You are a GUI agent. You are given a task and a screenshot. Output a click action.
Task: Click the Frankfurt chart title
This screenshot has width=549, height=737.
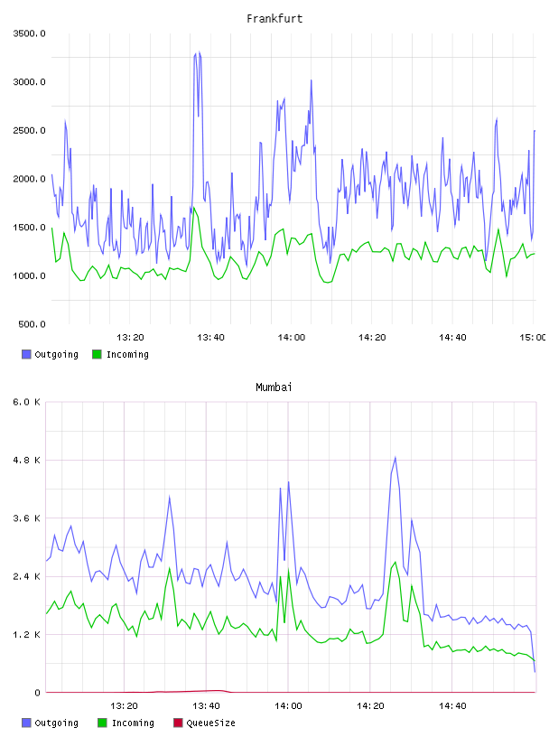coord(274,19)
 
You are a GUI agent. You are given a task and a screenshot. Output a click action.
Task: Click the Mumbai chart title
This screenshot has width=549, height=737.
coord(274,387)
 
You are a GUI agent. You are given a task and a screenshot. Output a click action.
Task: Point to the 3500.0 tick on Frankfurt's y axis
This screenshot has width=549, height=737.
coord(29,33)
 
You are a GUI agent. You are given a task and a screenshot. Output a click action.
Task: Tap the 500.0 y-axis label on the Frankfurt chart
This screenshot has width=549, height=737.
coord(32,324)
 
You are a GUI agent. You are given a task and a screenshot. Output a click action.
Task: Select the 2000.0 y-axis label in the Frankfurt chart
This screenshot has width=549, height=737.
coord(29,179)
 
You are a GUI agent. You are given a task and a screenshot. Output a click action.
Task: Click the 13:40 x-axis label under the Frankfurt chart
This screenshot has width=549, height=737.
coord(210,337)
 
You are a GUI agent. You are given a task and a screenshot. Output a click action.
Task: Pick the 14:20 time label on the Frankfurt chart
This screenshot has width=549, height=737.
coord(372,337)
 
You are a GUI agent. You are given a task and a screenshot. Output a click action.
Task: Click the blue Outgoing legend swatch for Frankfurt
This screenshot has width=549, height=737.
coord(26,354)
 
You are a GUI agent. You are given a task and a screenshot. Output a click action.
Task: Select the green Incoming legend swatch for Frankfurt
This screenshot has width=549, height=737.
coord(97,354)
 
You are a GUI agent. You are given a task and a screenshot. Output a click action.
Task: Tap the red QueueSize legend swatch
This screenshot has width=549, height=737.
coord(178,723)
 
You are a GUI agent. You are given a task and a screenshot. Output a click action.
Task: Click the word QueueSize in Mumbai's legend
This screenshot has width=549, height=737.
coord(210,723)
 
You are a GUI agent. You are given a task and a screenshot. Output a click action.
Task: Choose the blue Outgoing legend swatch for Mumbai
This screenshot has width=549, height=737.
coord(26,723)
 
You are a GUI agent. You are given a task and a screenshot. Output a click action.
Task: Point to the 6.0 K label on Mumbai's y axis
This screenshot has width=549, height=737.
coord(27,402)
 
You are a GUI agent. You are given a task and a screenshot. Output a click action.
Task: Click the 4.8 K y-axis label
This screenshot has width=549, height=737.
coord(27,460)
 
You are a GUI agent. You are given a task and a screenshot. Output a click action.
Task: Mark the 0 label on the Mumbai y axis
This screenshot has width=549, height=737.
coord(37,693)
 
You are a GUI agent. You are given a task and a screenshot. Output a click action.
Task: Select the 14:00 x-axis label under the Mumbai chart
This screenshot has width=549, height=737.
coord(288,705)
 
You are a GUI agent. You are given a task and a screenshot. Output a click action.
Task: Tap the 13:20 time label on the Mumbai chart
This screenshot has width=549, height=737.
coord(124,705)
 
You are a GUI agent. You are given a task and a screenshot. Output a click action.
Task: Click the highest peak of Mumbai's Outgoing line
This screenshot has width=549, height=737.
coord(395,457)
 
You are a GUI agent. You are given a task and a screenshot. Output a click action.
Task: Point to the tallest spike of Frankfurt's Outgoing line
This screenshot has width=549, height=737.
coord(200,52)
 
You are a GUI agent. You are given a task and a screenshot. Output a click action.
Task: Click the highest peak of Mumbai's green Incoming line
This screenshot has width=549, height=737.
coord(395,562)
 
